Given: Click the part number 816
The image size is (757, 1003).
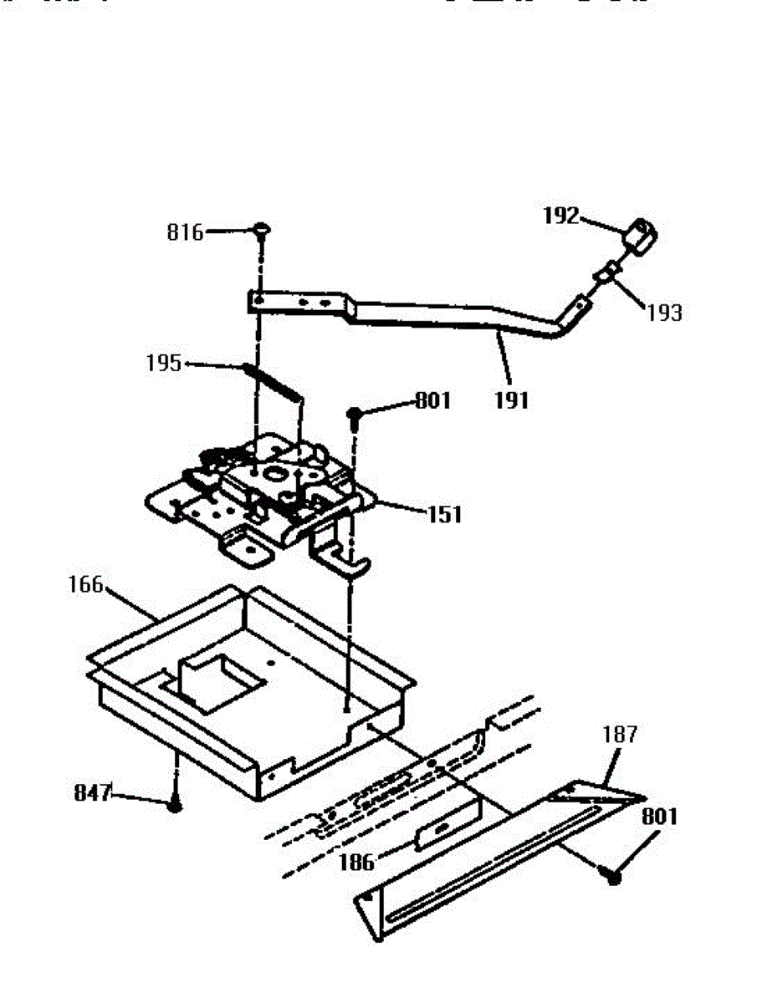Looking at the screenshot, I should point(185,232).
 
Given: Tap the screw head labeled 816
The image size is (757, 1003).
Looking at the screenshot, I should point(261,227).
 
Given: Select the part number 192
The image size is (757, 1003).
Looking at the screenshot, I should point(560,216).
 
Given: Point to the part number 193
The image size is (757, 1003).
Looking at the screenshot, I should point(663,313).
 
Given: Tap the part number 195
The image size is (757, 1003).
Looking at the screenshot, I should point(162,364).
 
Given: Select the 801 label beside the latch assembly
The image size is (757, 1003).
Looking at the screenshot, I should point(432,401).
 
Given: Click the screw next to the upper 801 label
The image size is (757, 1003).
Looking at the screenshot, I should point(355,414).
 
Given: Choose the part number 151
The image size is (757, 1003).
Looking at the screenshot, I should point(444,514).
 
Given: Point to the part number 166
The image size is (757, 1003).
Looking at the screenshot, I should point(85,585).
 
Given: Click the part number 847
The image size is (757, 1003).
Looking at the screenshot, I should point(92,793).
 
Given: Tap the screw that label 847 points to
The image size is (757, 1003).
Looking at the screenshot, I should point(175,805).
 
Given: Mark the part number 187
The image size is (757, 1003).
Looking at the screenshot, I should point(620,735).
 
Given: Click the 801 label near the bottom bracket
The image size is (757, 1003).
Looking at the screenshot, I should point(659,816).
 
